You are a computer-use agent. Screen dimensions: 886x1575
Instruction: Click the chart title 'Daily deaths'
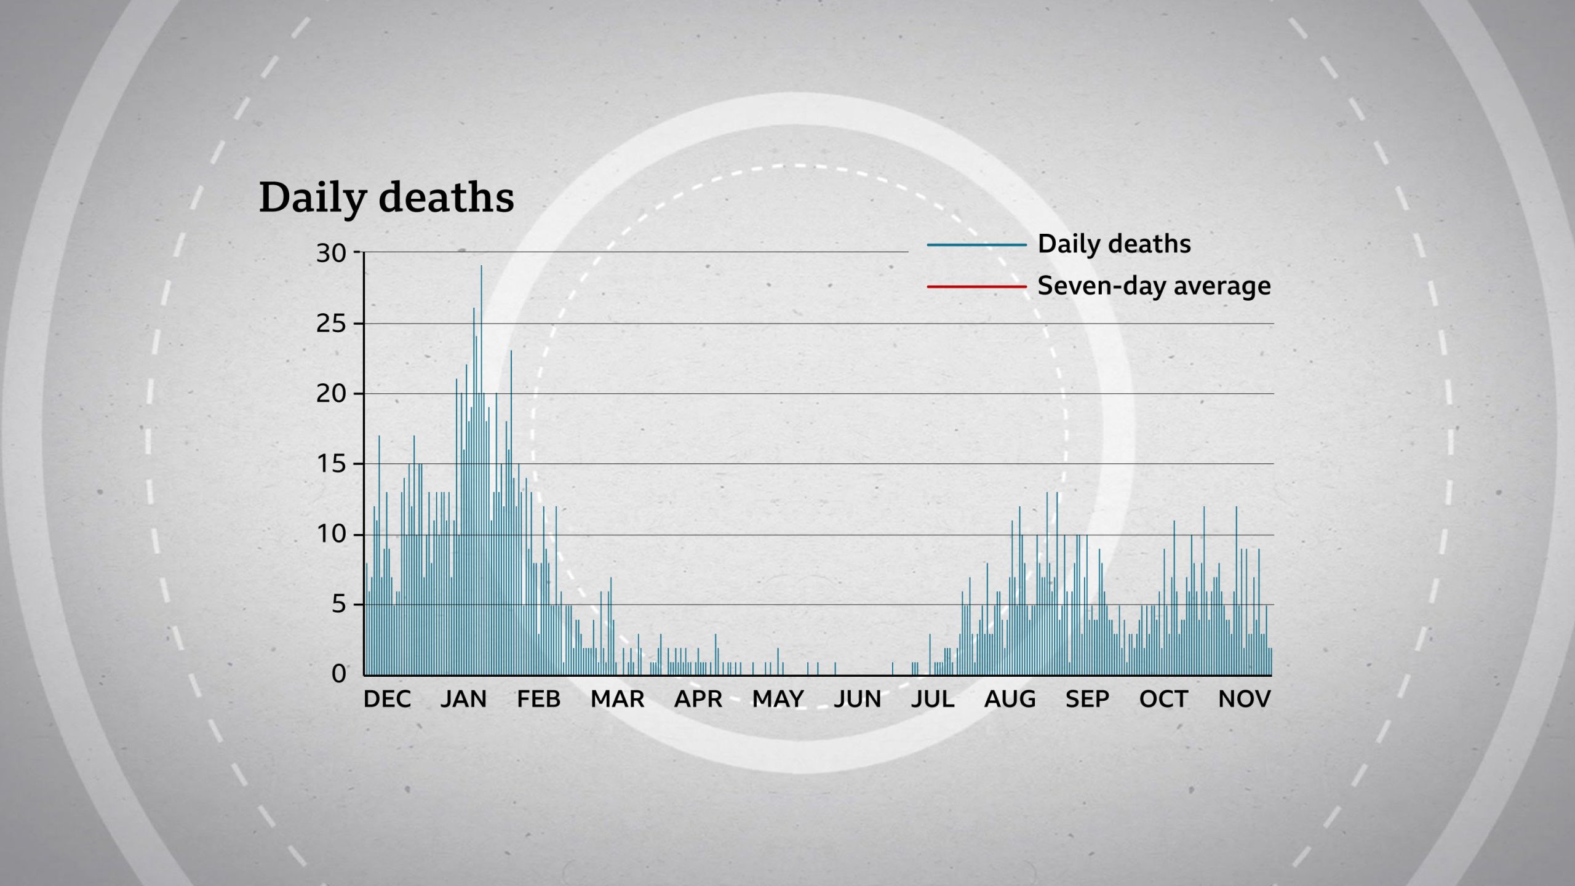pyautogui.click(x=386, y=198)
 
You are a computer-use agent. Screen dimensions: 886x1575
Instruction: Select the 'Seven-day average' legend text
pyautogui.click(x=1154, y=286)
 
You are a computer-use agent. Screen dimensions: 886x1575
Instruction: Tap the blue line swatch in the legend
pyautogui.click(x=976, y=245)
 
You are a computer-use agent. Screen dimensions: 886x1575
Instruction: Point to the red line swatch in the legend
pyautogui.click(x=976, y=287)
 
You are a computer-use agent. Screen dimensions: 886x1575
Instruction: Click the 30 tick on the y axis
pyautogui.click(x=331, y=253)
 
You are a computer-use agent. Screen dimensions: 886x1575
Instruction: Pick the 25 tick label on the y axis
pyautogui.click(x=331, y=324)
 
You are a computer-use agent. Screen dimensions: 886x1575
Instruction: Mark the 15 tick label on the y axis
pyautogui.click(x=331, y=464)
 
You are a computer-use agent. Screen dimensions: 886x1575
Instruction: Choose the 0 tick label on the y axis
pyautogui.click(x=339, y=674)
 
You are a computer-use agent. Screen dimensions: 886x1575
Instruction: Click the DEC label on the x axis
pyautogui.click(x=387, y=699)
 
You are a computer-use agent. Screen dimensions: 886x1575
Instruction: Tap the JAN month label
pyautogui.click(x=463, y=699)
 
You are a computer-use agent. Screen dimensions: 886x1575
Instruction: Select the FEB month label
pyautogui.click(x=538, y=699)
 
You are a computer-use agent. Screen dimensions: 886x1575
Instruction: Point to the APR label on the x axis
pyautogui.click(x=698, y=699)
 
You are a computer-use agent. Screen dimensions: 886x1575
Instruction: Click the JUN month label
pyautogui.click(x=857, y=699)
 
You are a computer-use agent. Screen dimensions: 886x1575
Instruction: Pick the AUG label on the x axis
pyautogui.click(x=1010, y=699)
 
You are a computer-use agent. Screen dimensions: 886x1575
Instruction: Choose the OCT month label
pyautogui.click(x=1163, y=699)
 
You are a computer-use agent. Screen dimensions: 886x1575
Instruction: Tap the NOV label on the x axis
pyautogui.click(x=1244, y=699)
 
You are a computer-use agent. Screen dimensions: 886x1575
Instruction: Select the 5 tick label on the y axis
pyautogui.click(x=339, y=604)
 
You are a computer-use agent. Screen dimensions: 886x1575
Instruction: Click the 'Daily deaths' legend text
pyautogui.click(x=1114, y=244)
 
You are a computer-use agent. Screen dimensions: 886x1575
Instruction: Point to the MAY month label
pyautogui.click(x=778, y=699)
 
